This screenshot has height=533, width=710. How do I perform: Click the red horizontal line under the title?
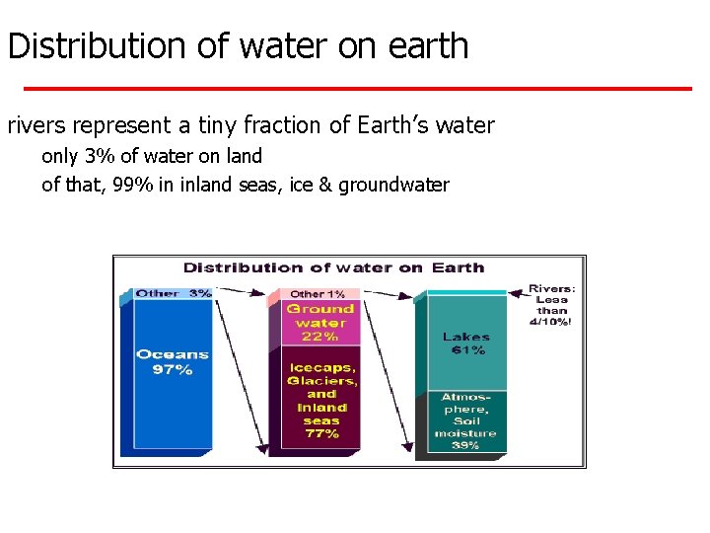coord(357,89)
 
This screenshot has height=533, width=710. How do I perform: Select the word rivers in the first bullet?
coord(35,125)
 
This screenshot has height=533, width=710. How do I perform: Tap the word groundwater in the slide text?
coord(393,185)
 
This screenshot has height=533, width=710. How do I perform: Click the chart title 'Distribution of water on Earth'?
coord(334,267)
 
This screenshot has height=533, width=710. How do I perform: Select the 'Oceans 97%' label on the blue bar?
coord(173,362)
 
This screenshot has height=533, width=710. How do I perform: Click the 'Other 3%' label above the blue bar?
coord(173,293)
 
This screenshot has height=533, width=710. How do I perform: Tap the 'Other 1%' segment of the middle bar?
coord(318,294)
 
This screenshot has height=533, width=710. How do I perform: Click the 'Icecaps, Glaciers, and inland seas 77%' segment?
coord(321,400)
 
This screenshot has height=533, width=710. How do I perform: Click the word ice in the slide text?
coord(299,185)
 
